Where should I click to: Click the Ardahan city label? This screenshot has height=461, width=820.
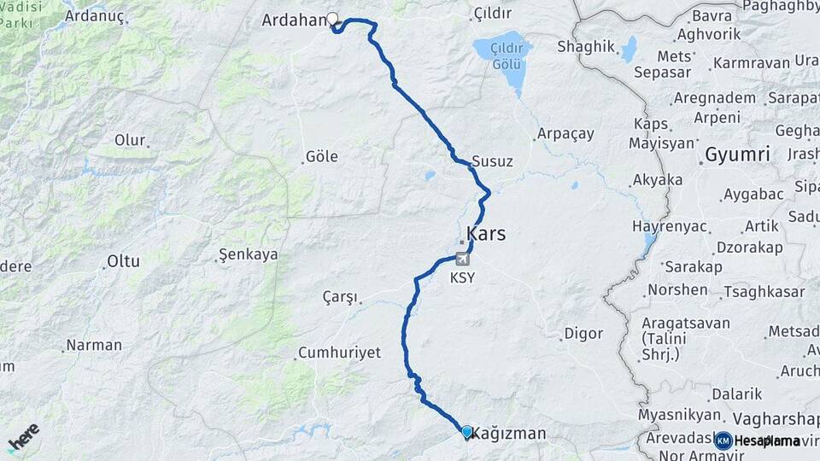pos(293,20)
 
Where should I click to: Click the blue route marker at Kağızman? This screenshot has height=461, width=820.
pos(466,432)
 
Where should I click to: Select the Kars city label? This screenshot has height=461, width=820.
pos(486,233)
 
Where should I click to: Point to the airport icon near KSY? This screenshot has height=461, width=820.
pos(462,260)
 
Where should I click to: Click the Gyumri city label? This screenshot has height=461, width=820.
pos(738,155)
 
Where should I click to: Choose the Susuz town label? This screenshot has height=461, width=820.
pos(493,161)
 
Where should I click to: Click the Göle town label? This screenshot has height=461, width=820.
pos(321,156)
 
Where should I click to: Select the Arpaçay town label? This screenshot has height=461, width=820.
pos(565,135)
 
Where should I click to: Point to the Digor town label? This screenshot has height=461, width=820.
pos(584,334)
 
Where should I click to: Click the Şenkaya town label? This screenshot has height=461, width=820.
pos(248,254)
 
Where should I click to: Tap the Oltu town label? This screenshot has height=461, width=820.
pos(123,262)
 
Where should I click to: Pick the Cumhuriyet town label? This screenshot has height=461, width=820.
pos(339,353)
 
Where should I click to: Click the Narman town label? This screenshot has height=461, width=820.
pos(94,346)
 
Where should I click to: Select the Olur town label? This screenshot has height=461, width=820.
pos(131,140)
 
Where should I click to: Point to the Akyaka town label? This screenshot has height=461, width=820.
pos(657,180)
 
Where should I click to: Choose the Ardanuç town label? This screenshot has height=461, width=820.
pos(95,15)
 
